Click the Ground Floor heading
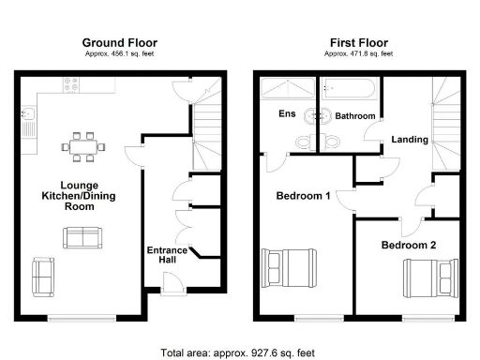(119, 42)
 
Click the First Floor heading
(359, 42)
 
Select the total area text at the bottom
(240, 353)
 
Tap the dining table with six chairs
(82, 146)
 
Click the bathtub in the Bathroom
(349, 93)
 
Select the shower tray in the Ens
(287, 91)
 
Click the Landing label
(411, 140)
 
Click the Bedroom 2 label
(407, 245)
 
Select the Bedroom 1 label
(302, 197)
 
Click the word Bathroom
(356, 116)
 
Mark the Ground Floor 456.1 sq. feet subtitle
(119, 53)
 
